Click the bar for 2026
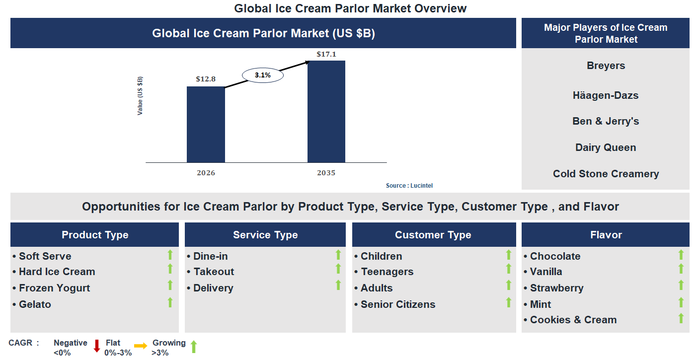click(206, 124)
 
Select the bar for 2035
click(326, 111)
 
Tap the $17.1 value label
click(326, 54)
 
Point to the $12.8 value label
click(206, 79)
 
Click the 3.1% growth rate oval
click(262, 75)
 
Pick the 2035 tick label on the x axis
click(326, 173)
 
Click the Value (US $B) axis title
click(140, 96)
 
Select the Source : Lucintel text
click(409, 185)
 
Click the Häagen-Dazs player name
click(605, 95)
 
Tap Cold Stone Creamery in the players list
click(606, 174)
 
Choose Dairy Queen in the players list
click(605, 147)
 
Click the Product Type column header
click(94, 235)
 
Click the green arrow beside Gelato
click(170, 302)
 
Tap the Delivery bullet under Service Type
click(213, 288)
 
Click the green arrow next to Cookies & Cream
click(681, 318)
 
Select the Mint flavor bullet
click(540, 304)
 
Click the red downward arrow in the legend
click(97, 346)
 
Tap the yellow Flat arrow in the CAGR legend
click(141, 346)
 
